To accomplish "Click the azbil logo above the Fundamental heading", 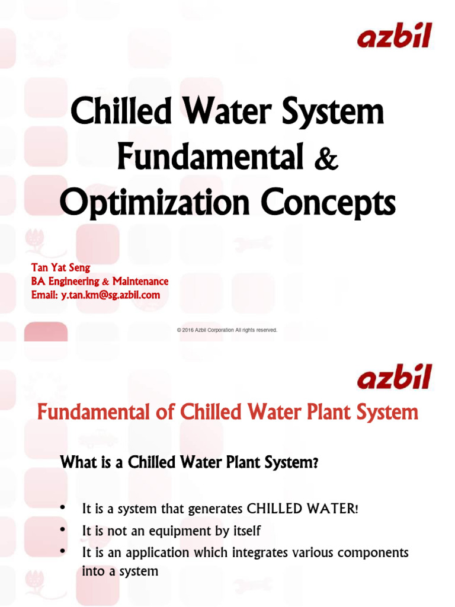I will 394,377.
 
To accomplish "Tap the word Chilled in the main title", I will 113,113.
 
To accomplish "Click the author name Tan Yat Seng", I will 60,268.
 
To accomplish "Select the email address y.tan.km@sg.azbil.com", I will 110,295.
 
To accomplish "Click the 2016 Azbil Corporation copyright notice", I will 227,330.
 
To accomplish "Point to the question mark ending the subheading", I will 316,464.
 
